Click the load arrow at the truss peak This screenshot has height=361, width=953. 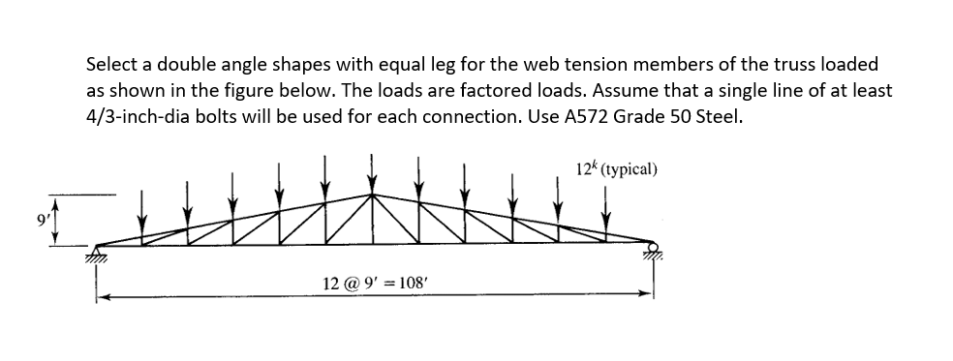point(373,170)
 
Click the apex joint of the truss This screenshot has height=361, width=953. point(373,194)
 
